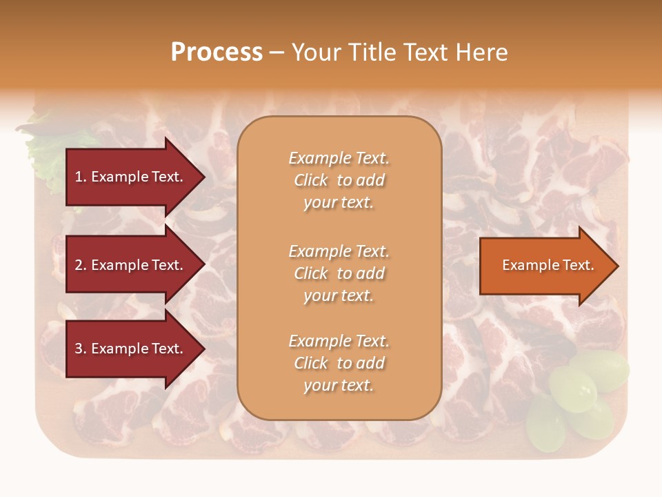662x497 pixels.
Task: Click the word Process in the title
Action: [217, 52]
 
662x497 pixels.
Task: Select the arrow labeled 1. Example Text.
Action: [131, 177]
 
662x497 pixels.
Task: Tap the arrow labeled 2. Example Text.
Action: [131, 265]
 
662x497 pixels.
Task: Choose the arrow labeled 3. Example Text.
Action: [131, 349]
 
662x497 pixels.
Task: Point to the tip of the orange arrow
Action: [617, 266]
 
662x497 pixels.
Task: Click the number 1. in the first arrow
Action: [81, 177]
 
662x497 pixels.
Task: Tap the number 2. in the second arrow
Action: [81, 265]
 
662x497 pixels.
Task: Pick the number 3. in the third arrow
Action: [81, 349]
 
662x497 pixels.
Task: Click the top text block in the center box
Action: [339, 180]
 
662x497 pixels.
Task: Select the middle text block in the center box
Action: [339, 273]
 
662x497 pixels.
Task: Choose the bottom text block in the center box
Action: [339, 363]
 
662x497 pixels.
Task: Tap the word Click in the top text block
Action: [311, 180]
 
